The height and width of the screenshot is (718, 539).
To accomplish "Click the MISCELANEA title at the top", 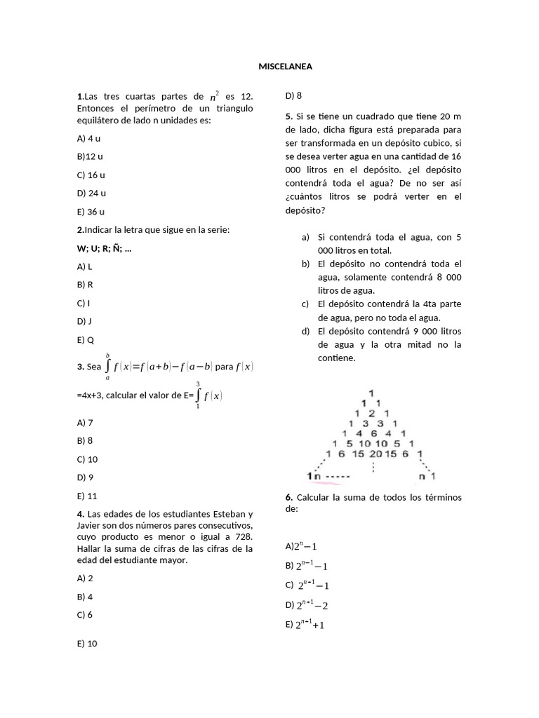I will point(285,67).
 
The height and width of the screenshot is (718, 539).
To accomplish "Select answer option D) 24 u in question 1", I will point(92,193).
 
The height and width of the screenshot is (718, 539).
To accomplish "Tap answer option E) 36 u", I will point(91,212).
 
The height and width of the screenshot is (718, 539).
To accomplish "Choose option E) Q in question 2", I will point(86,340).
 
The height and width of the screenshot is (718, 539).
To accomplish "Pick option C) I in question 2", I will point(84,303).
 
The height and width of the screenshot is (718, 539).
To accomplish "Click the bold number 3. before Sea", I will point(81,366).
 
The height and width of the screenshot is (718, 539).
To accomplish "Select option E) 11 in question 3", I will point(87,496).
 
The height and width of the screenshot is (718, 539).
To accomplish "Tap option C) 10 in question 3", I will point(88,459).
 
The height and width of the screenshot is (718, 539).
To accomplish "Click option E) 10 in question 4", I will point(87,644).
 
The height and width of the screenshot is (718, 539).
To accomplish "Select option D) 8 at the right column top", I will point(293,95).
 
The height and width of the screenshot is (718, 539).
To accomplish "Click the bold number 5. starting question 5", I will point(289,116).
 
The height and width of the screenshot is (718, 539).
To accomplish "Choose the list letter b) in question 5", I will point(306,264).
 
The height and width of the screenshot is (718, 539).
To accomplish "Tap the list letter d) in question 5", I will point(306,331).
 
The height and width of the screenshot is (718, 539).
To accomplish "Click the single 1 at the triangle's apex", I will point(372,393).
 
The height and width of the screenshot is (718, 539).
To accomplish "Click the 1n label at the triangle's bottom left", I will point(313,477).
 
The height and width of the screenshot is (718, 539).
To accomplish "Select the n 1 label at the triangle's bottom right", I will point(427,477).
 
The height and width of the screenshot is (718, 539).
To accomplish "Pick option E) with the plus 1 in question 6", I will point(305,625).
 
